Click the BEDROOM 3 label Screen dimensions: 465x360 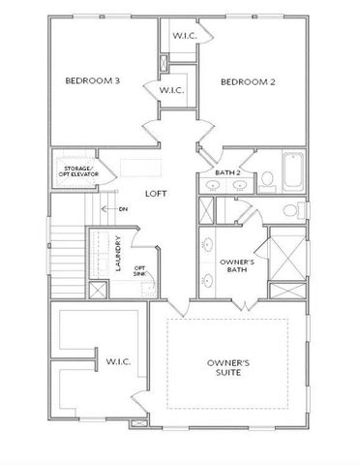(93, 81)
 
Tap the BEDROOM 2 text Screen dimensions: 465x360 (248, 82)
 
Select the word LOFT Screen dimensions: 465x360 (156, 193)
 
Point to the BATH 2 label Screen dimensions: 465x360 (227, 173)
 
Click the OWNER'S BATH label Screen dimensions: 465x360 (236, 267)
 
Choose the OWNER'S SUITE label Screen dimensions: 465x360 (228, 368)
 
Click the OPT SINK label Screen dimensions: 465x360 (139, 272)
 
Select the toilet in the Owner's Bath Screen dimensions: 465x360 (289, 211)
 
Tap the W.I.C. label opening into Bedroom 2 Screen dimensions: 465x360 (185, 36)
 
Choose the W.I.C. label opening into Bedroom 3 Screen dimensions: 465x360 (171, 90)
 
